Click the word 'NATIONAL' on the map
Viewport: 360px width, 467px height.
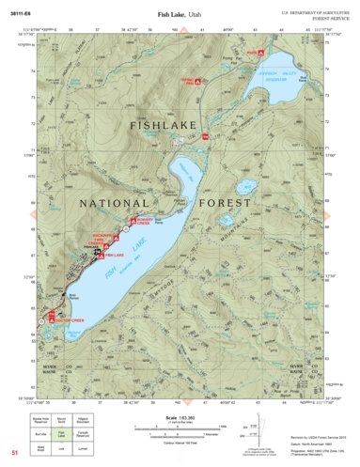coord(114,203)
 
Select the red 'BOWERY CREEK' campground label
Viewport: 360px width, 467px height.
coord(137,223)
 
